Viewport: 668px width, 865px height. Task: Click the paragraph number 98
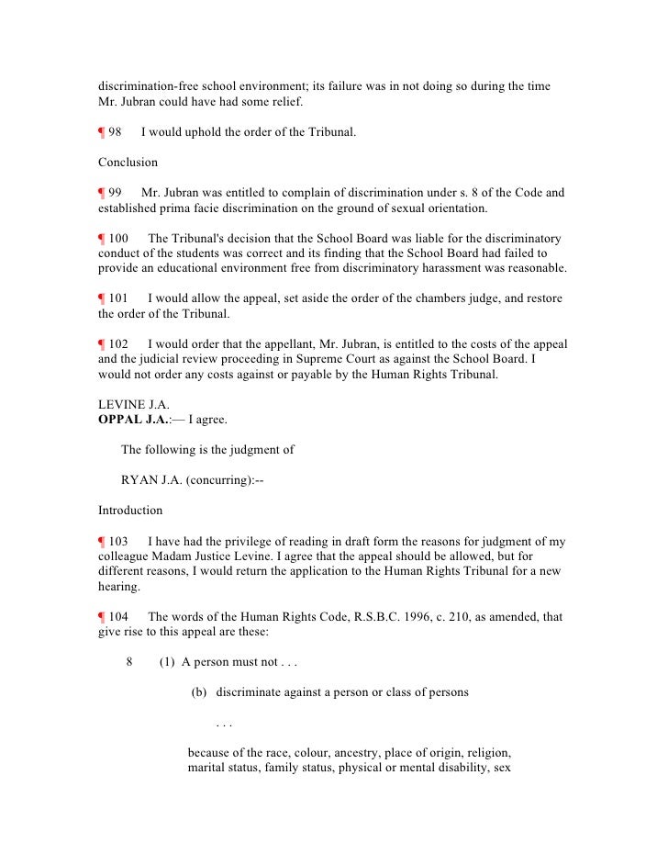pyautogui.click(x=116, y=133)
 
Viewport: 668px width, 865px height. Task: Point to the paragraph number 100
pyautogui.click(x=119, y=239)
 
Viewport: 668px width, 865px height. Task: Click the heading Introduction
pyautogui.click(x=130, y=510)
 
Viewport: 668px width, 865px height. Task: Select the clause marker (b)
pyautogui.click(x=200, y=691)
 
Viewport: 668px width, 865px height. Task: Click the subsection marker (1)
pyautogui.click(x=167, y=661)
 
